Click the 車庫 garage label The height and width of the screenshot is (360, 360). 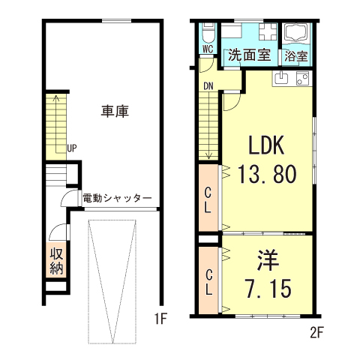click(115, 111)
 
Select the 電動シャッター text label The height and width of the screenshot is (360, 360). click(117, 198)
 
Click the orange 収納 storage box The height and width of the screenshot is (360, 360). click(56, 260)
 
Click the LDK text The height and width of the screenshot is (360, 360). click(265, 144)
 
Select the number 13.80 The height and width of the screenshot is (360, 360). click(266, 175)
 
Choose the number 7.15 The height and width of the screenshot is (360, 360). click(268, 287)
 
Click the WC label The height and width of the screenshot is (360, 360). click(208, 49)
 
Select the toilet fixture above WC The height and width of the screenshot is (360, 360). click(209, 34)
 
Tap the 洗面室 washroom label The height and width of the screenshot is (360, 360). click(249, 55)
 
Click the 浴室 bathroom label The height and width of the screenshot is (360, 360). click(297, 55)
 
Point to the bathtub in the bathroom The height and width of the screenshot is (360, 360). click(298, 34)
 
